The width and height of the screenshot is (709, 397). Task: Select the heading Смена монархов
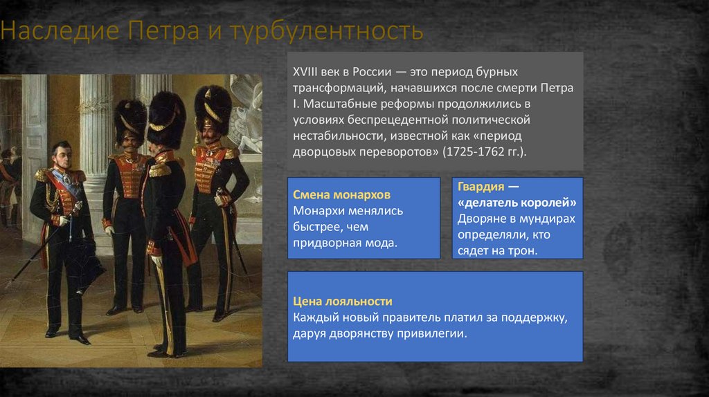click(332, 194)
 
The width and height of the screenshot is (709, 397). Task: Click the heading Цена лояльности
click(343, 302)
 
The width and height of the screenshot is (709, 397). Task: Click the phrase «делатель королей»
click(517, 203)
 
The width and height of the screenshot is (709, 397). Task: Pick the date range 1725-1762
click(479, 151)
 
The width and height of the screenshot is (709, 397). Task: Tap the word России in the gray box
click(371, 72)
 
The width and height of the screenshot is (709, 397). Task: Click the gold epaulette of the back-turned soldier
click(160, 168)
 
